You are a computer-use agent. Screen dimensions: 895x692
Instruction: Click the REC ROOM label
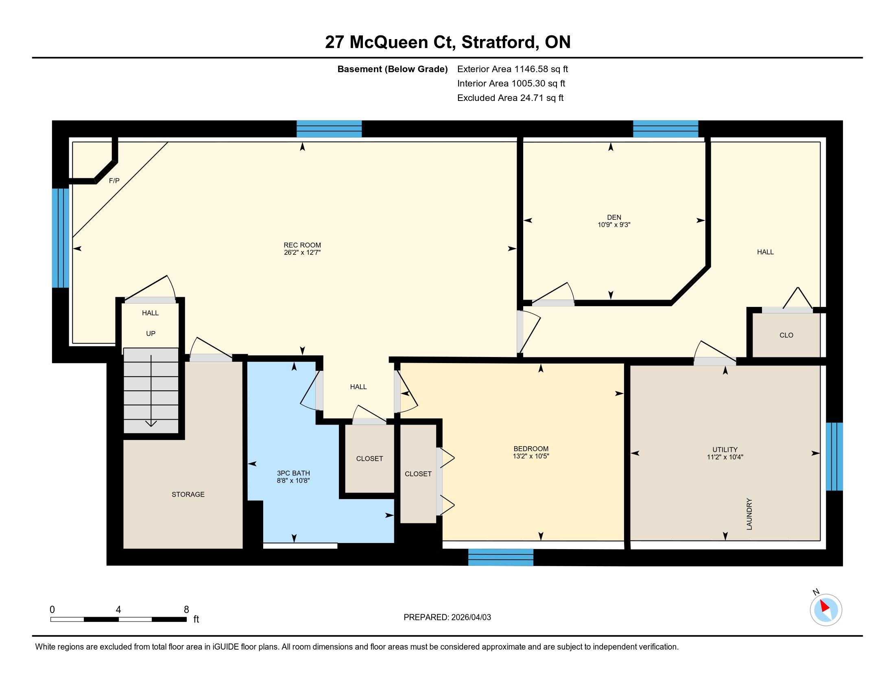302,245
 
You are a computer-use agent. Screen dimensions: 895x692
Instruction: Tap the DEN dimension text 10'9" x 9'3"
614,225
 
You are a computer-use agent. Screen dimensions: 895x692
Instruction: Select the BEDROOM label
530,449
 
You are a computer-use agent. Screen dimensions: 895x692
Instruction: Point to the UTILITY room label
725,449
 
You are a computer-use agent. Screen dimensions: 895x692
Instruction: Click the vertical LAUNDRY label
749,514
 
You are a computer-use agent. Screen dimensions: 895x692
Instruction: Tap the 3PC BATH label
293,473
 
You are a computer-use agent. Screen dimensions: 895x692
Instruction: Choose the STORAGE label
188,495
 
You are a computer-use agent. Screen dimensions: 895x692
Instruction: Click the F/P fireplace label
114,180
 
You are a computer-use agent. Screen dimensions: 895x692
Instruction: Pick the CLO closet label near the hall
786,335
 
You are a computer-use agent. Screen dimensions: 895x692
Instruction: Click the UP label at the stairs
151,333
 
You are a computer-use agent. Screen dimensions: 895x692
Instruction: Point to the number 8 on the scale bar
186,610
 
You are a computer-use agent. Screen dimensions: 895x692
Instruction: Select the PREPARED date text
447,618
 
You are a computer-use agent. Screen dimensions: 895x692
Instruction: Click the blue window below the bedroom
501,558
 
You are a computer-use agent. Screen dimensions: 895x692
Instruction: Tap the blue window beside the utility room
834,456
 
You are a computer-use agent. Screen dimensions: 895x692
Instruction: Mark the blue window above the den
666,129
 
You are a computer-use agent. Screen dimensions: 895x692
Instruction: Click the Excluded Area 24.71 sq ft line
510,98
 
